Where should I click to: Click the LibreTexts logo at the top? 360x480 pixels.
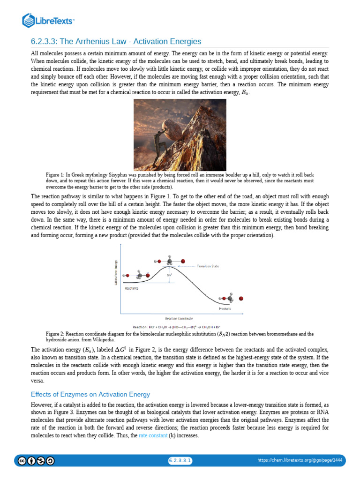pyautogui.click(x=48, y=21)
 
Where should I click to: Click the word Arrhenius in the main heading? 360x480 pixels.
pyautogui.click(x=116, y=42)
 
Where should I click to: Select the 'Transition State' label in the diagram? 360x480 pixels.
pyautogui.click(x=207, y=266)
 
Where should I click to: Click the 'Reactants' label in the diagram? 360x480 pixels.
pyautogui.click(x=132, y=288)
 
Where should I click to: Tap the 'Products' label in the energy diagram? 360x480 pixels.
pyautogui.click(x=225, y=308)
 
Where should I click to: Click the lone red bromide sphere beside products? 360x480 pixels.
pyautogui.click(x=241, y=298)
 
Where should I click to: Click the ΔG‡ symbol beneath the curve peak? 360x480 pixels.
pyautogui.click(x=170, y=275)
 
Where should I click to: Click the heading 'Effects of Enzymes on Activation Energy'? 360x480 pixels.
pyautogui.click(x=90, y=394)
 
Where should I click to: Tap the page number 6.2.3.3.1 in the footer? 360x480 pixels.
pyautogui.click(x=180, y=461)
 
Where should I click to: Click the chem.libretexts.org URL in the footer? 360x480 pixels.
pyautogui.click(x=300, y=461)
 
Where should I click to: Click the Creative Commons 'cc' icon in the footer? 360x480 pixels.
pyautogui.click(x=22, y=461)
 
